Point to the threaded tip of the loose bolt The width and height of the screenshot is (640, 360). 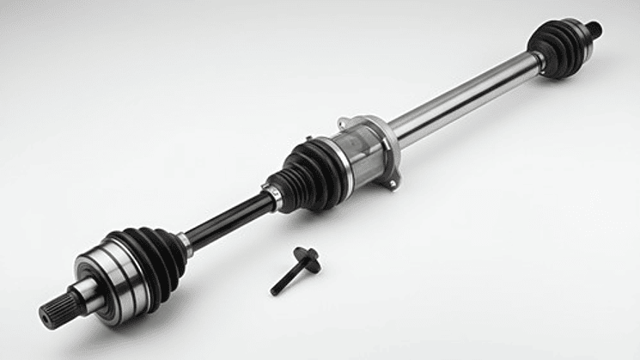pyautogui.click(x=276, y=290)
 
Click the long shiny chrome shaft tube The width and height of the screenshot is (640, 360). pyautogui.click(x=464, y=99)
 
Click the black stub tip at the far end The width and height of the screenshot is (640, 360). pyautogui.click(x=594, y=30)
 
